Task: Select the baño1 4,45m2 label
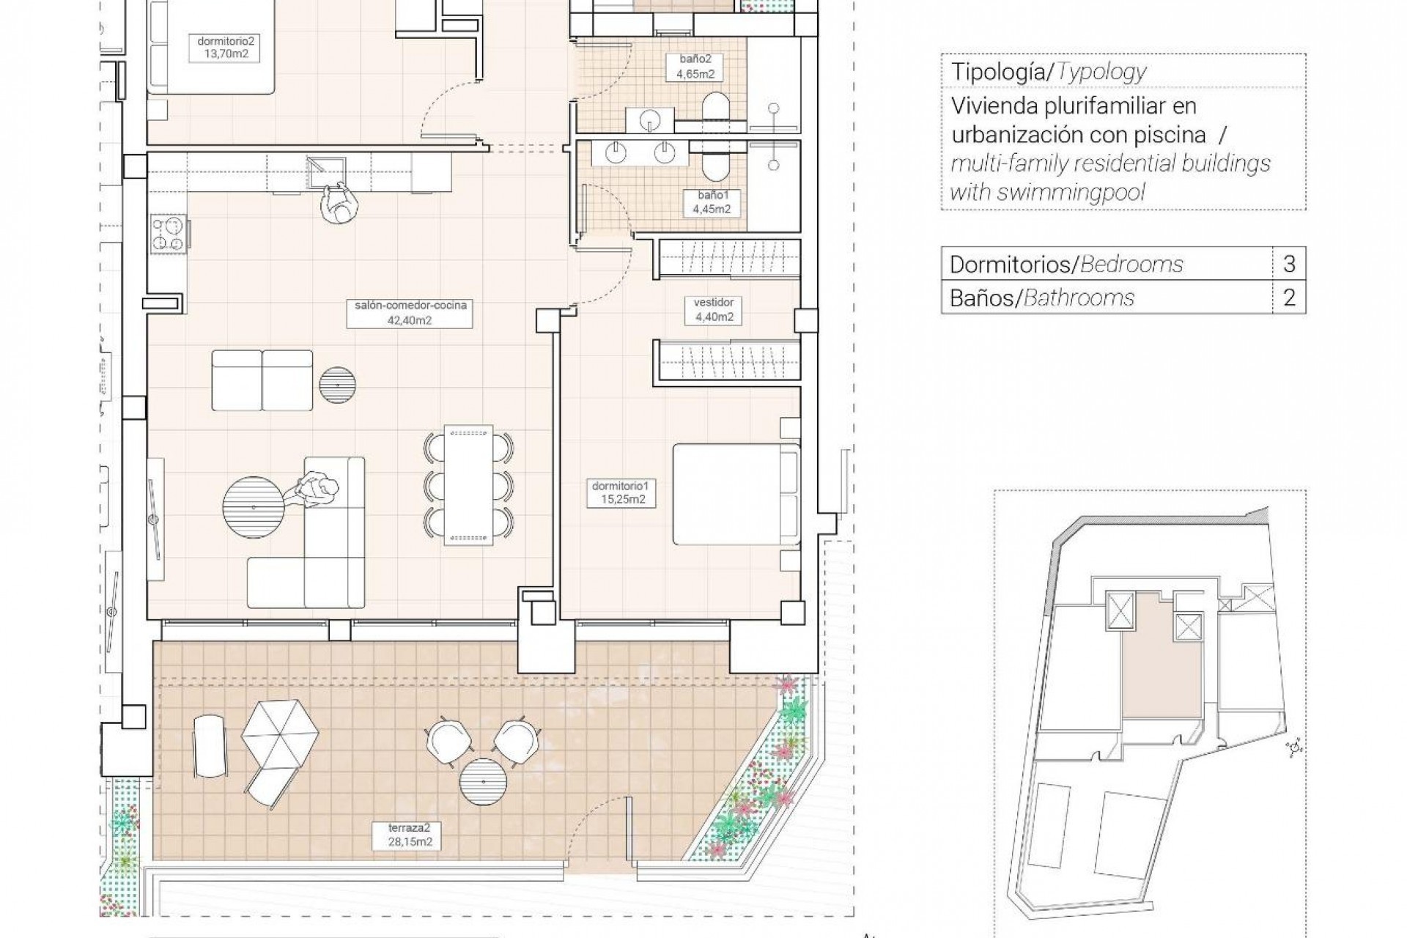pyautogui.click(x=712, y=203)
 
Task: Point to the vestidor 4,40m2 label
pyautogui.click(x=713, y=310)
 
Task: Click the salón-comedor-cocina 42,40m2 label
pyautogui.click(x=410, y=313)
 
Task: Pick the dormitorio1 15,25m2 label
pyautogui.click(x=621, y=493)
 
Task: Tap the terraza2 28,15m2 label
pyautogui.click(x=410, y=835)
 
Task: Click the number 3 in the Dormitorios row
pyautogui.click(x=1289, y=264)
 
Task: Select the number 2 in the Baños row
pyautogui.click(x=1289, y=298)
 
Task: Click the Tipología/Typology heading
pyautogui.click(x=1048, y=72)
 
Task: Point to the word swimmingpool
pyautogui.click(x=1063, y=193)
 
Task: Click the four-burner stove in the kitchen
pyautogui.click(x=169, y=234)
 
